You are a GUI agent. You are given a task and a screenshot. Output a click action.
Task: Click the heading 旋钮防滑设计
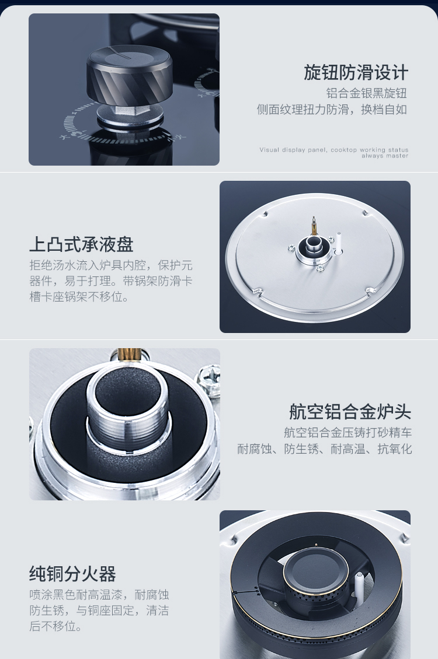pos(356,72)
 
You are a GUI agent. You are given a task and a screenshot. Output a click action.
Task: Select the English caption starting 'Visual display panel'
pos(334,153)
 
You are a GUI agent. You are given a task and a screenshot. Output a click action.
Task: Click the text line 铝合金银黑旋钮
pos(367,93)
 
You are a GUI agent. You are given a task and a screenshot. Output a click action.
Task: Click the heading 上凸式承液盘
pos(81,244)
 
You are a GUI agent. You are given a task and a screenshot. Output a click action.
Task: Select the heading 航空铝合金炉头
pos(350,411)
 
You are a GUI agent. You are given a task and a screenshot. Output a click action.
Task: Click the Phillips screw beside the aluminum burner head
pos(208,380)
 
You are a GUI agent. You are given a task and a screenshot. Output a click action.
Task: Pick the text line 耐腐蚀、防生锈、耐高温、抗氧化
pos(324,449)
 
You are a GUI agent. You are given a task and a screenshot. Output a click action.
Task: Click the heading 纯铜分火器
pos(72,573)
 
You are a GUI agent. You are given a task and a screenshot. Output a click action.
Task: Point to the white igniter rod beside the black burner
pos(359,586)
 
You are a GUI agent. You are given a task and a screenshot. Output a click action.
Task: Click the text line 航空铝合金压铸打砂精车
pos(347,433)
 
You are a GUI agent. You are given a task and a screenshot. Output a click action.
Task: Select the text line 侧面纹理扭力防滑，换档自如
pos(332,109)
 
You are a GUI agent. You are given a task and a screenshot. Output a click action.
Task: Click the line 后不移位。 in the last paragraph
pos(55,626)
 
